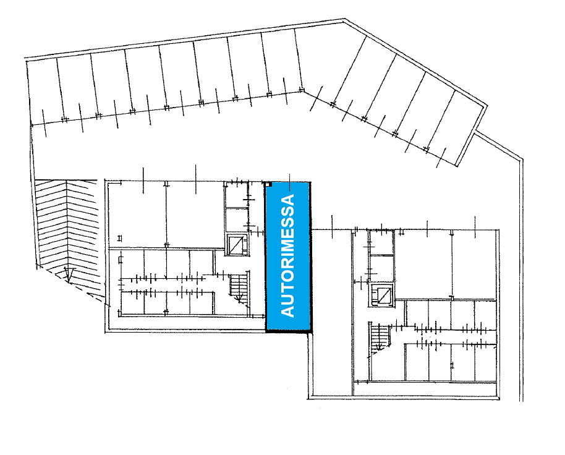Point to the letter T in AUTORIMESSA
point(289,287)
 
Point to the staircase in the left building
point(239,287)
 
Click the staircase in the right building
point(380,338)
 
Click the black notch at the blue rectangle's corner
point(270,184)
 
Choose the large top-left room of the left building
point(137,213)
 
